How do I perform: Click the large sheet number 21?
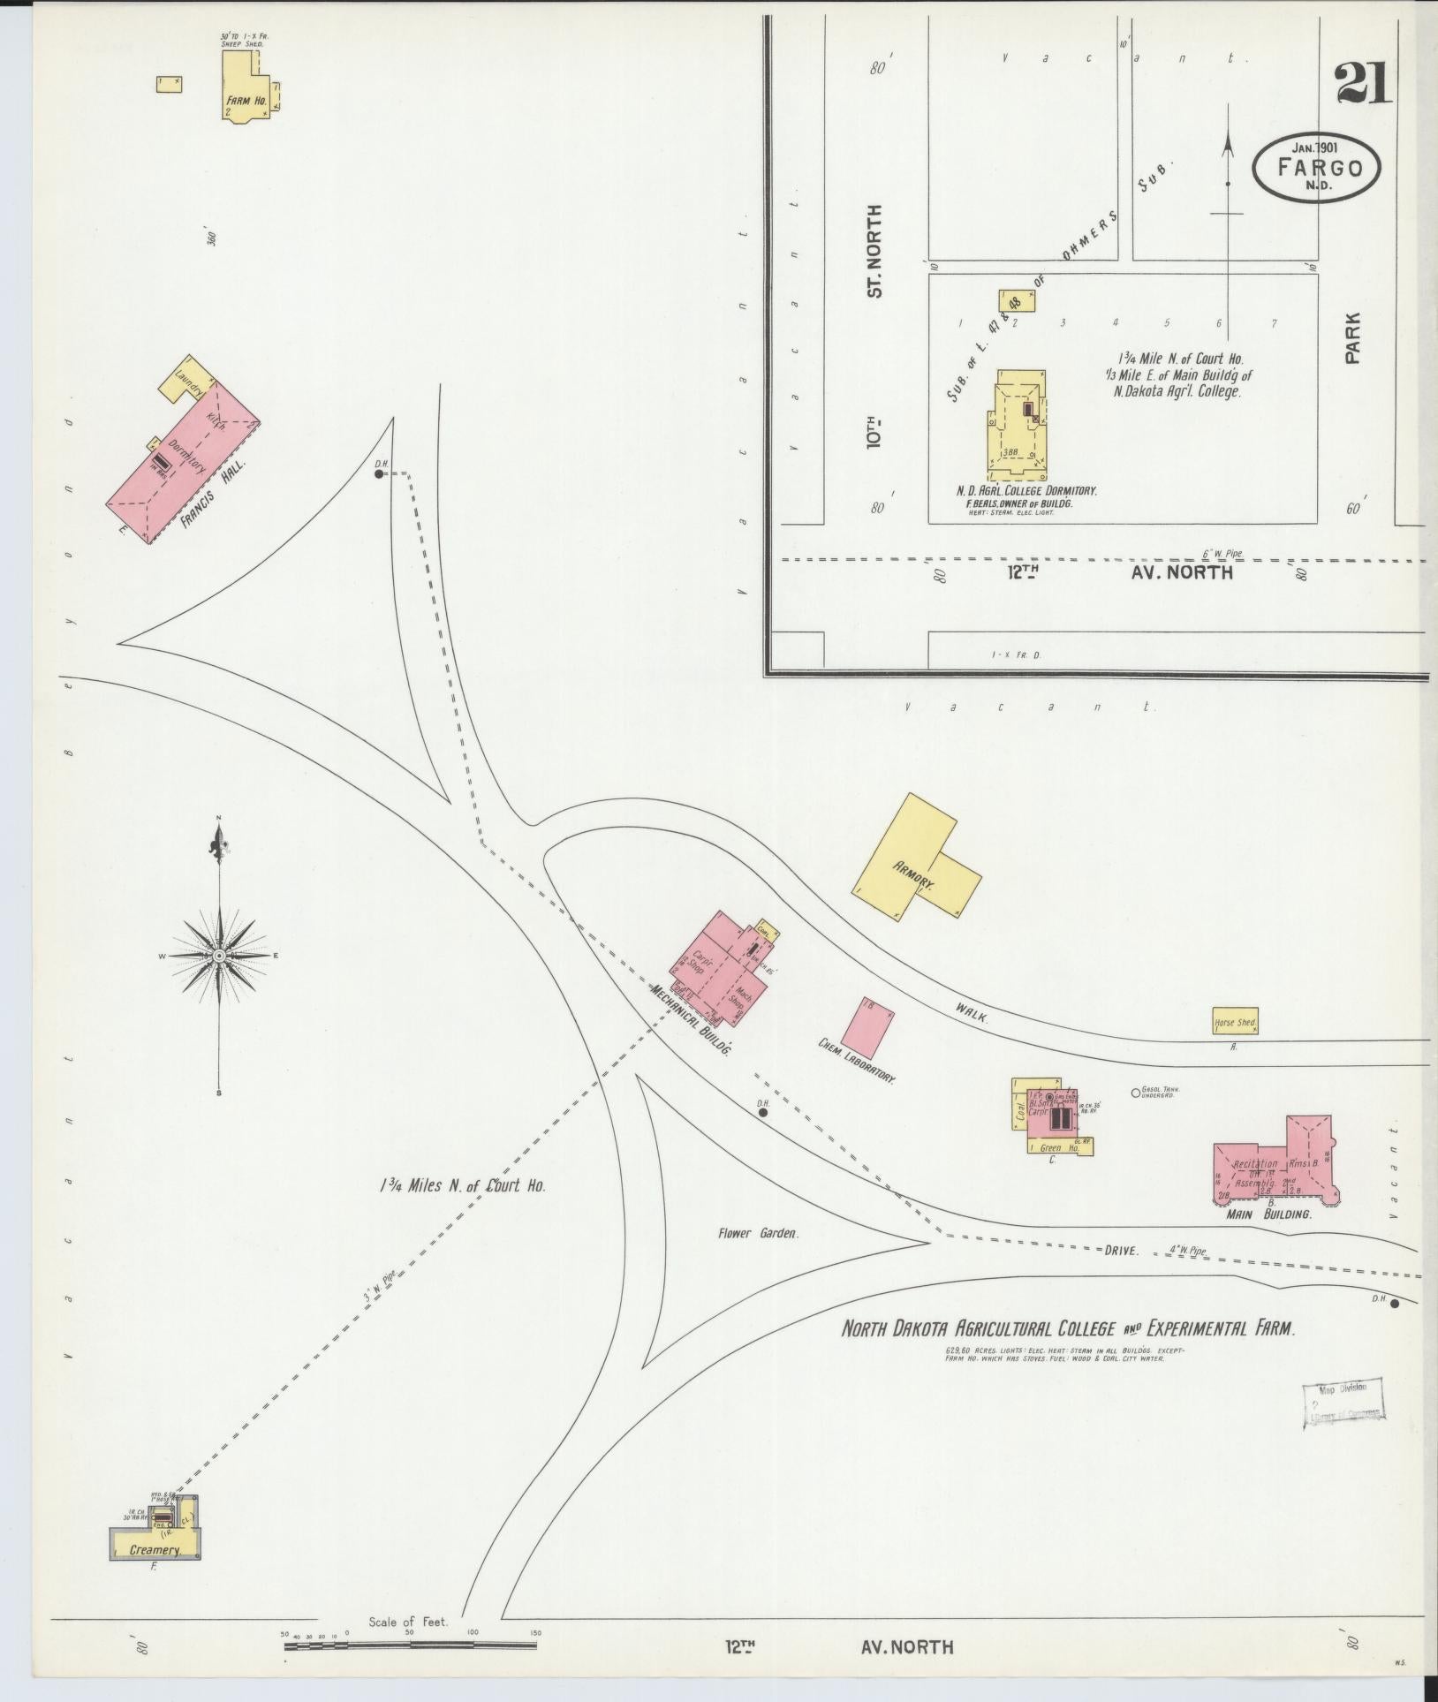click(1363, 87)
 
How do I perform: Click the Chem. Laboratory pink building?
click(868, 1027)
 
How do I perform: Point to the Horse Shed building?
click(1235, 1021)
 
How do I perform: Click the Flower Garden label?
click(758, 1233)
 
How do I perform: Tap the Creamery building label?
click(155, 1549)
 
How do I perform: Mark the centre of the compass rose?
click(219, 956)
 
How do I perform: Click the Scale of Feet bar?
click(410, 1645)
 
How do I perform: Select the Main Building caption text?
click(1268, 1214)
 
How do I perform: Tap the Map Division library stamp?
click(1343, 1412)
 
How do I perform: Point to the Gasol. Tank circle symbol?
click(1136, 1093)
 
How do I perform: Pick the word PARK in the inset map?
click(1352, 338)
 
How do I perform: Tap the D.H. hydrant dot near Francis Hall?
click(379, 473)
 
